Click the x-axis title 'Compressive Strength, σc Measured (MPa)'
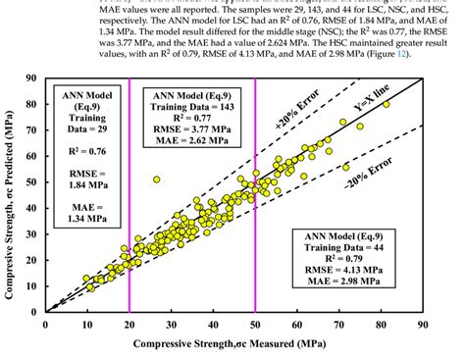(232, 343)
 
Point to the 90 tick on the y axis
(34, 77)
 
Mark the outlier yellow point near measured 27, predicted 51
(156, 180)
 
